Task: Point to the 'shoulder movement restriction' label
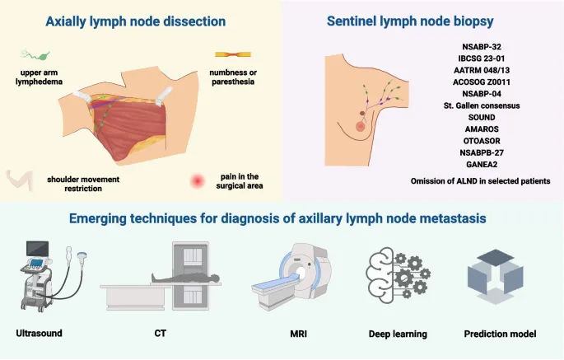(74, 183)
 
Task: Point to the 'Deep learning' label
(397, 334)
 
